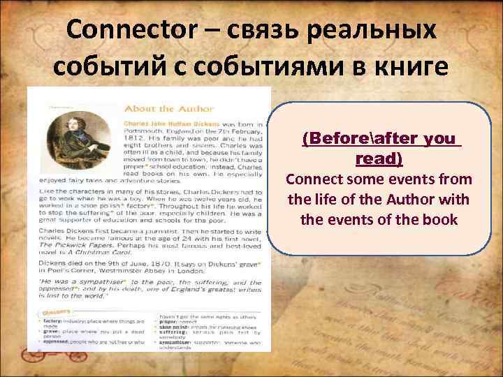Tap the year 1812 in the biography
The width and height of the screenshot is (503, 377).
[x=133, y=140]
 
